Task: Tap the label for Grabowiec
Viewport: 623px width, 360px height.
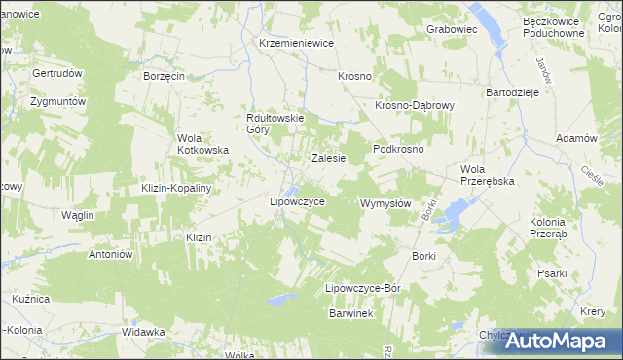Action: coord(452,30)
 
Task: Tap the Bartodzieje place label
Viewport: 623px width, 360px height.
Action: coord(512,105)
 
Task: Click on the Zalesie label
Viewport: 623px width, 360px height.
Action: coord(328,157)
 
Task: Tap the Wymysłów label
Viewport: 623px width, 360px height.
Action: coord(385,204)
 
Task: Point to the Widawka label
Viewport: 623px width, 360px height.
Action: coord(143,332)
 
